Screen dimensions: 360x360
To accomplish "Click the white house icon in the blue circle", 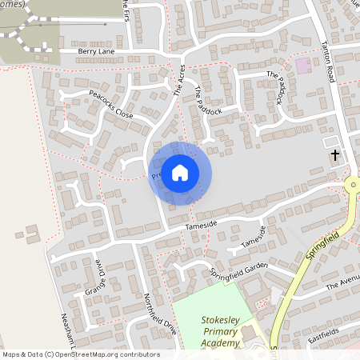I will click(180, 172).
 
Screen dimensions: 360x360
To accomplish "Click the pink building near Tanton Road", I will click(303, 65).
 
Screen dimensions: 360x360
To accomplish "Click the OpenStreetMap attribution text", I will click(80, 354).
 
